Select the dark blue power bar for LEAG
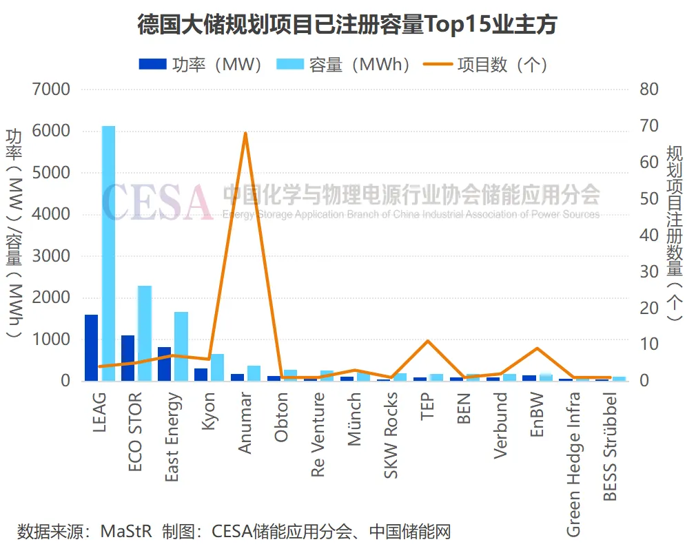(91, 347)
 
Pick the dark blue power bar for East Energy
(164, 364)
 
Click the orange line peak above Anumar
(245, 133)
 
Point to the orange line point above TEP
(428, 341)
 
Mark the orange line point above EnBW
(538, 348)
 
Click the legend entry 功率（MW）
(201, 65)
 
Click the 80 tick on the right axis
(650, 90)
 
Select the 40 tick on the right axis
(650, 235)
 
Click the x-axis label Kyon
(209, 412)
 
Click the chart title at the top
(347, 25)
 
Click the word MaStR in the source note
(126, 532)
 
